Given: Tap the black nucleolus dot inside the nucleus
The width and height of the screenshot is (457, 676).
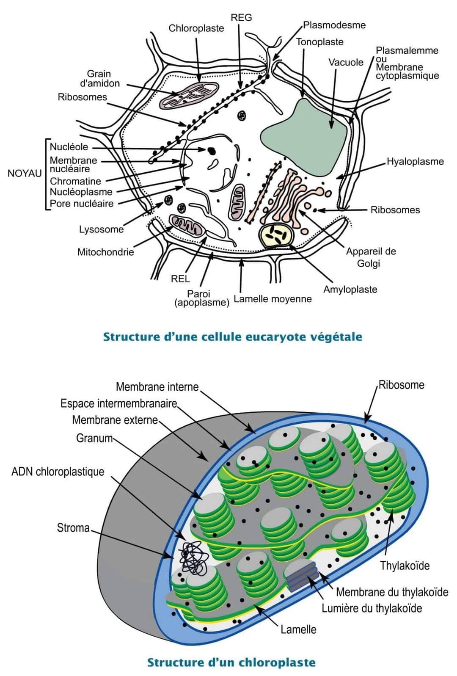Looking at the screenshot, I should click(x=210, y=150).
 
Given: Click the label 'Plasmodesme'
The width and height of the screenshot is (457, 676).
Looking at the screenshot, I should click(x=334, y=25).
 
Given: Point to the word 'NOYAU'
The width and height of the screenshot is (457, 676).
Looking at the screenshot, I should click(x=25, y=173).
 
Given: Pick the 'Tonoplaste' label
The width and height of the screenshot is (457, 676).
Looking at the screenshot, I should click(x=319, y=42).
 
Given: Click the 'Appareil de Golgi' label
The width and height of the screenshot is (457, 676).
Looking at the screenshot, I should click(x=371, y=257).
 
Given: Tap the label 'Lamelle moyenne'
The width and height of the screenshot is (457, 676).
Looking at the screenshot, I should click(x=273, y=299).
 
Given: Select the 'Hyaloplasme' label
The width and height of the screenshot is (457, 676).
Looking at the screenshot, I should click(x=415, y=161).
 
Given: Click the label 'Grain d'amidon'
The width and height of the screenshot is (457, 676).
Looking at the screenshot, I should click(x=99, y=78).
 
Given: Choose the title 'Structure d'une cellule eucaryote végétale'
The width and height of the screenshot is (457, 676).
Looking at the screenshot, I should click(x=233, y=337).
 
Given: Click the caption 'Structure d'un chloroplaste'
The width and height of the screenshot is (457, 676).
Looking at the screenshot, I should click(x=231, y=662).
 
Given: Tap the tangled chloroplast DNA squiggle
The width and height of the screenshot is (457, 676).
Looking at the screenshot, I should click(x=193, y=558).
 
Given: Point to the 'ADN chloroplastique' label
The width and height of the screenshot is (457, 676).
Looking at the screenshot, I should click(x=58, y=472).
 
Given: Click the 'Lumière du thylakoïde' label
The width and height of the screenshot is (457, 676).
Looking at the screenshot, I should click(x=372, y=608).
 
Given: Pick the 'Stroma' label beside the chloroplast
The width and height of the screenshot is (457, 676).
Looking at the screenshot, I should click(x=73, y=528).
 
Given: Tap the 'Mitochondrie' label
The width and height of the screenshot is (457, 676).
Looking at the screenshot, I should click(x=105, y=252).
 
